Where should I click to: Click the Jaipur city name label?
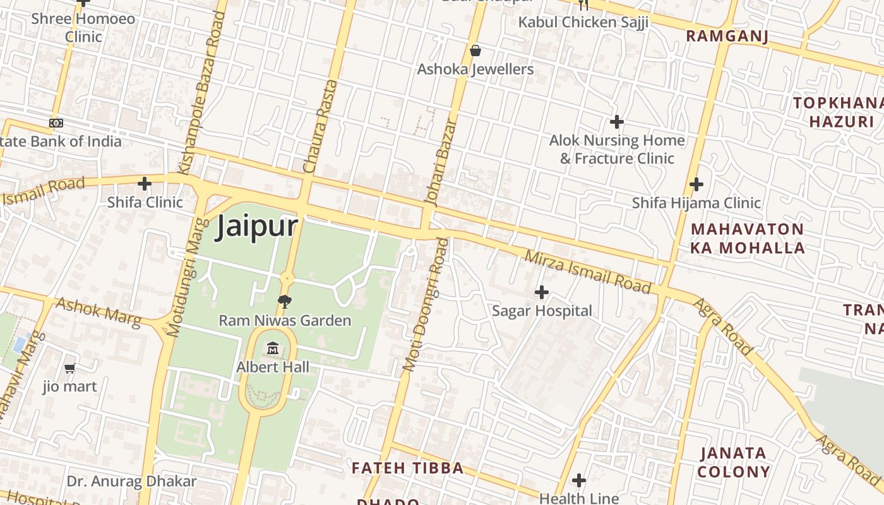coord(256,227)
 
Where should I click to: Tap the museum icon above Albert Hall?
coord(273,348)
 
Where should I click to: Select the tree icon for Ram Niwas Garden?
coord(285,302)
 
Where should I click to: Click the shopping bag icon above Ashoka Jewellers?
coord(475,50)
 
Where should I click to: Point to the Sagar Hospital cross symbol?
coord(541,292)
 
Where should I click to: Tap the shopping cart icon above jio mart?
coord(69,368)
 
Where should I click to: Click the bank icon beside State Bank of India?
coord(56,123)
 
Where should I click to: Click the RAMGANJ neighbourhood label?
coord(727,36)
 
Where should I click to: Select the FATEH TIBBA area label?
coord(407,468)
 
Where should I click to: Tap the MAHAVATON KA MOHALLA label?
coord(748,238)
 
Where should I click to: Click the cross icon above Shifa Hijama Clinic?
coord(696,184)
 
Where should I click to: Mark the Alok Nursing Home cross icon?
coord(617,122)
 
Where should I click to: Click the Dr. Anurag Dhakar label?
coord(131,482)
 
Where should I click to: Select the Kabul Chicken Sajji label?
coord(583,22)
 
